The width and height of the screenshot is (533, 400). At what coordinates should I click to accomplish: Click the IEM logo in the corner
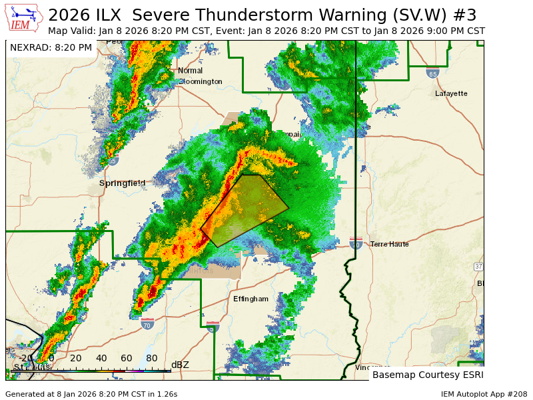24,19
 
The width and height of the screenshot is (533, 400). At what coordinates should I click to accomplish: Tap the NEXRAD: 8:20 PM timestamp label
51,48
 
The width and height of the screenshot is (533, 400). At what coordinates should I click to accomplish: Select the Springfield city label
122,183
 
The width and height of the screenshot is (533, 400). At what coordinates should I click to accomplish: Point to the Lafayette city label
451,93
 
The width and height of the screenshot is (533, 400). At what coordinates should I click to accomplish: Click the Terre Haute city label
389,244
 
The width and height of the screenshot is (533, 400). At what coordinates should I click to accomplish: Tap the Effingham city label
251,299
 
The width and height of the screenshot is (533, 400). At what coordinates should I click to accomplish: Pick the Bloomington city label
201,81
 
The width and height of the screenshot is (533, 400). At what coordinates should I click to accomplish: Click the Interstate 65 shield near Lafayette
432,73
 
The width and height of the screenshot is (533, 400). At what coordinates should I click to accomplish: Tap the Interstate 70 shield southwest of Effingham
147,323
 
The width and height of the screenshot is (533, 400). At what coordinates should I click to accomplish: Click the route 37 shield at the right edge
478,267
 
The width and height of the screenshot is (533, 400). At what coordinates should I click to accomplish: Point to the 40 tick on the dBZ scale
101,358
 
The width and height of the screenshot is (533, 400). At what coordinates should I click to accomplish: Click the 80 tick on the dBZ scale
152,358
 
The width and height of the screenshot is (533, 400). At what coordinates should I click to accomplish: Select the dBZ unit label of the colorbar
180,365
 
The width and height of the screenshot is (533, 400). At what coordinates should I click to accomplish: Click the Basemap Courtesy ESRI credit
426,375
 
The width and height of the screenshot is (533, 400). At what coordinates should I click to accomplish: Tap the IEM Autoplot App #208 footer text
483,394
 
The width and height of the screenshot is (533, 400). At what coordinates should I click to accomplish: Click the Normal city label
190,71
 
